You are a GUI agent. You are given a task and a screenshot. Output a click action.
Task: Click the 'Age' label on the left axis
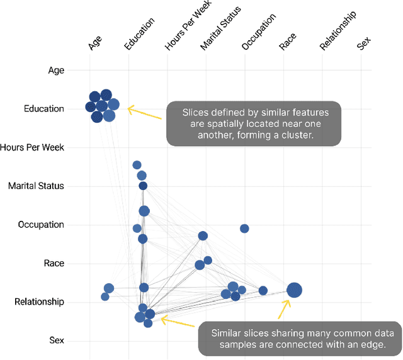click(56, 70)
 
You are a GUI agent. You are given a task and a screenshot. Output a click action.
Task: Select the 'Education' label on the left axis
click(43, 109)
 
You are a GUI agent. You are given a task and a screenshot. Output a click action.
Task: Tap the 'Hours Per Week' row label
click(32, 147)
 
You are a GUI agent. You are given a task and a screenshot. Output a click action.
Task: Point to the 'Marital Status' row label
click(36, 186)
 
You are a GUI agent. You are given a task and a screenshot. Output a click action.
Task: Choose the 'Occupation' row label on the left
click(41, 225)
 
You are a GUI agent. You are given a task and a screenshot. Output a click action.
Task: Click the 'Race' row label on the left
click(54, 263)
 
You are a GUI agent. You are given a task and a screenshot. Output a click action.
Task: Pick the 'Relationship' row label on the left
click(39, 302)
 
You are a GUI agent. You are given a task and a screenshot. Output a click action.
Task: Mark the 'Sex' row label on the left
click(57, 340)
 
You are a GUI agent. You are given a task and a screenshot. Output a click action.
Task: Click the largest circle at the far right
click(294, 290)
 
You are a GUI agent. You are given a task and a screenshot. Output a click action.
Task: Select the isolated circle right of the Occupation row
click(244, 228)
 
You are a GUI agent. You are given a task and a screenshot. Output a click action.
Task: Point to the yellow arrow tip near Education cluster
click(129, 108)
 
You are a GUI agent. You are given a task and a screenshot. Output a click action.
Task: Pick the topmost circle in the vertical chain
click(137, 165)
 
